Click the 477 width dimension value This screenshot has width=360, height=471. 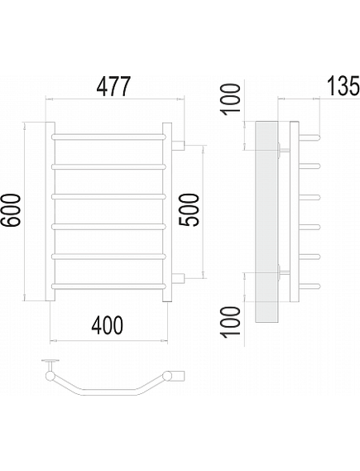click(114, 86)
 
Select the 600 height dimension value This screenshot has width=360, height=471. click(11, 209)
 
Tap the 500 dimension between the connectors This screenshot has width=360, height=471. click(189, 209)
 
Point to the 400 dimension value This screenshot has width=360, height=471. click(108, 324)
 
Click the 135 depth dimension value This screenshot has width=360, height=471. click(343, 86)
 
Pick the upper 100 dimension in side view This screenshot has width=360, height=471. click(231, 99)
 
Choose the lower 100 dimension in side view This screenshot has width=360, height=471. click(231, 321)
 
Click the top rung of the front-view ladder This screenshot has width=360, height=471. click(108, 137)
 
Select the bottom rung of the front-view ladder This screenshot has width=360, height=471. click(108, 286)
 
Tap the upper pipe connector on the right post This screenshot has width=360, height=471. click(178, 146)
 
